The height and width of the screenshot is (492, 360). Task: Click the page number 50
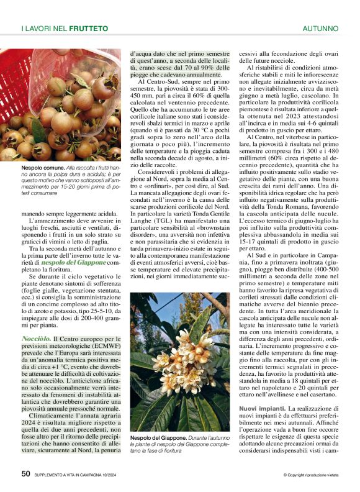click(26, 474)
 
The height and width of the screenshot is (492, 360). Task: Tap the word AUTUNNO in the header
click(320, 29)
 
